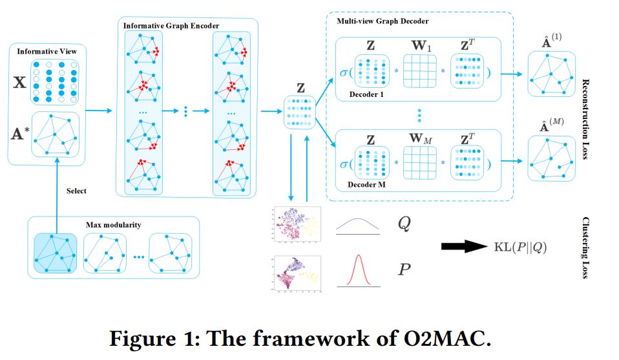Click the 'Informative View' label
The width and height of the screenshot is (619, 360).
coord(44,51)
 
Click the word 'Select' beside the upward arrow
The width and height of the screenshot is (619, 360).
coord(76,191)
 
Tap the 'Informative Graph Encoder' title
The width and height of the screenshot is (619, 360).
coord(171,25)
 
